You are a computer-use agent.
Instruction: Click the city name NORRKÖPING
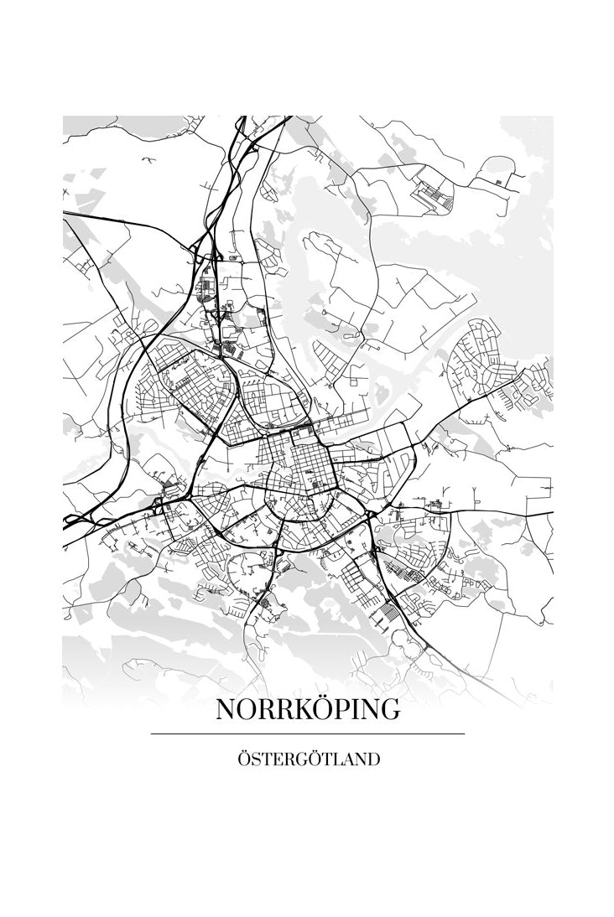308,709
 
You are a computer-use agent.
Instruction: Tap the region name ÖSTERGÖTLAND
308,759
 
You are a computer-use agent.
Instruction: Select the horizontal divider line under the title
308,733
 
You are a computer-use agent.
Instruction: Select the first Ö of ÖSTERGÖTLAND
243,759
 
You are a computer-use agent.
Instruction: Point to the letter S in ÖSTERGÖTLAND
255,759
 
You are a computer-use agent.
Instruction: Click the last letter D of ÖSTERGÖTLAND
373,759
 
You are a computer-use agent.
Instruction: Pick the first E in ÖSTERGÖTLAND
277,759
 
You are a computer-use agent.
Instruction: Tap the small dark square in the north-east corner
499,180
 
